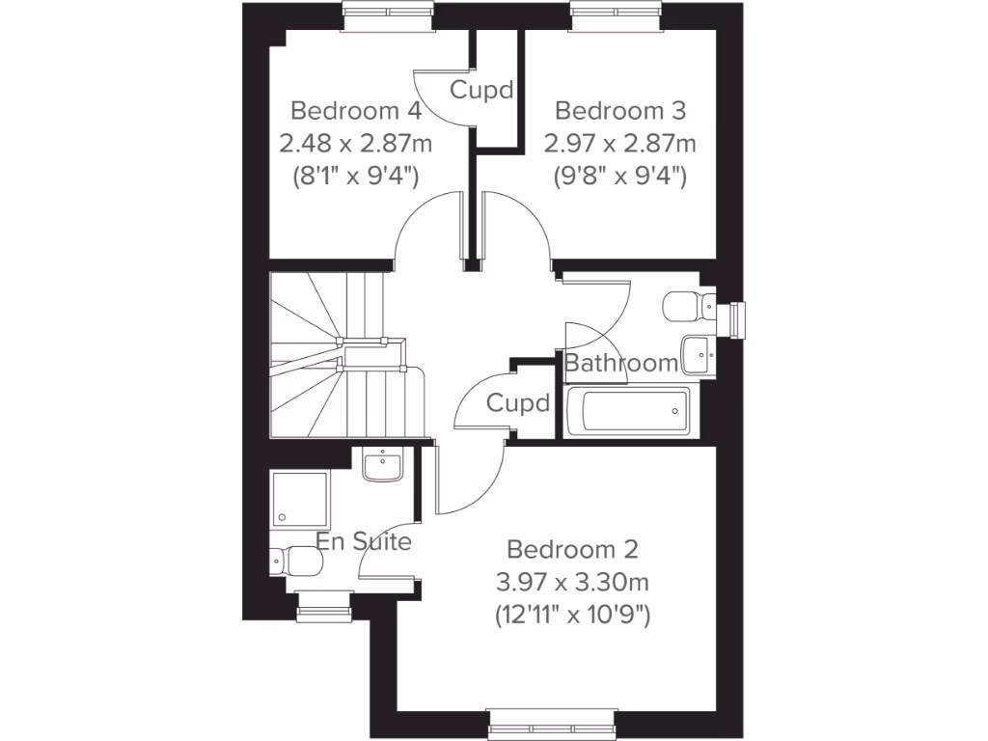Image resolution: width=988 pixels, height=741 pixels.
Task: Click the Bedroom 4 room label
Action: (355, 110)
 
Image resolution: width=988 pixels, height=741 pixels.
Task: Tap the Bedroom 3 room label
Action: (619, 110)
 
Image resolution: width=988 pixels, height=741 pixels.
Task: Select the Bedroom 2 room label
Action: (572, 550)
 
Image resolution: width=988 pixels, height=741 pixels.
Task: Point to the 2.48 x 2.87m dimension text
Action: (355, 144)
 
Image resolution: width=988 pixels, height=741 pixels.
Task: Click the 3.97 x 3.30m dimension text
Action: (572, 582)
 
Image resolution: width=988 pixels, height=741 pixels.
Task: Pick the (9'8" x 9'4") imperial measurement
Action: (619, 177)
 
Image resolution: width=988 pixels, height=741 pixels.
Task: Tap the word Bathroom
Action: (621, 364)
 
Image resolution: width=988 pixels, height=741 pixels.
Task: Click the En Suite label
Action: (365, 541)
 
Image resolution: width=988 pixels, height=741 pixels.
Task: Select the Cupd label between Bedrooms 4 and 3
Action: (480, 92)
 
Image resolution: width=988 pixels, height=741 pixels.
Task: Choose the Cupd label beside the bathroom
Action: (518, 402)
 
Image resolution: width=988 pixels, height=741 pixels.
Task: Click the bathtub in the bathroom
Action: (627, 412)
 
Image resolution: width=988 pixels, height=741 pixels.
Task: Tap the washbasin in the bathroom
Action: (698, 355)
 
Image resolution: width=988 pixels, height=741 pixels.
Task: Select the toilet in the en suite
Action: (293, 561)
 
